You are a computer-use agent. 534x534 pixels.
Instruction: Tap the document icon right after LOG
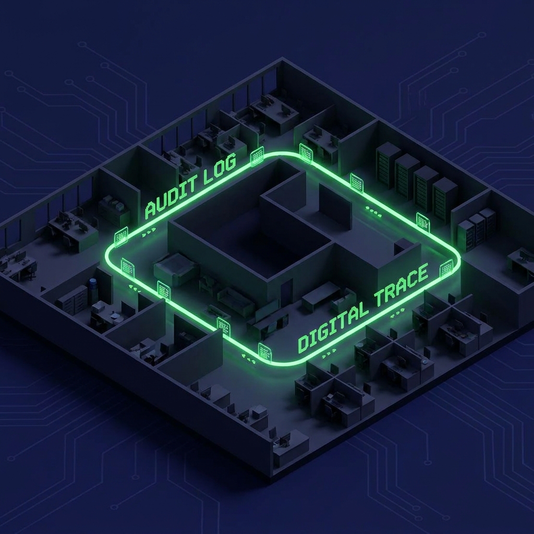(257, 156)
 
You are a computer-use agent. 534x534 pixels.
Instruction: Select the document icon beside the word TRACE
(446, 269)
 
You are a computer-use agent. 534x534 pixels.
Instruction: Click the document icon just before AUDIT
(121, 236)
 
